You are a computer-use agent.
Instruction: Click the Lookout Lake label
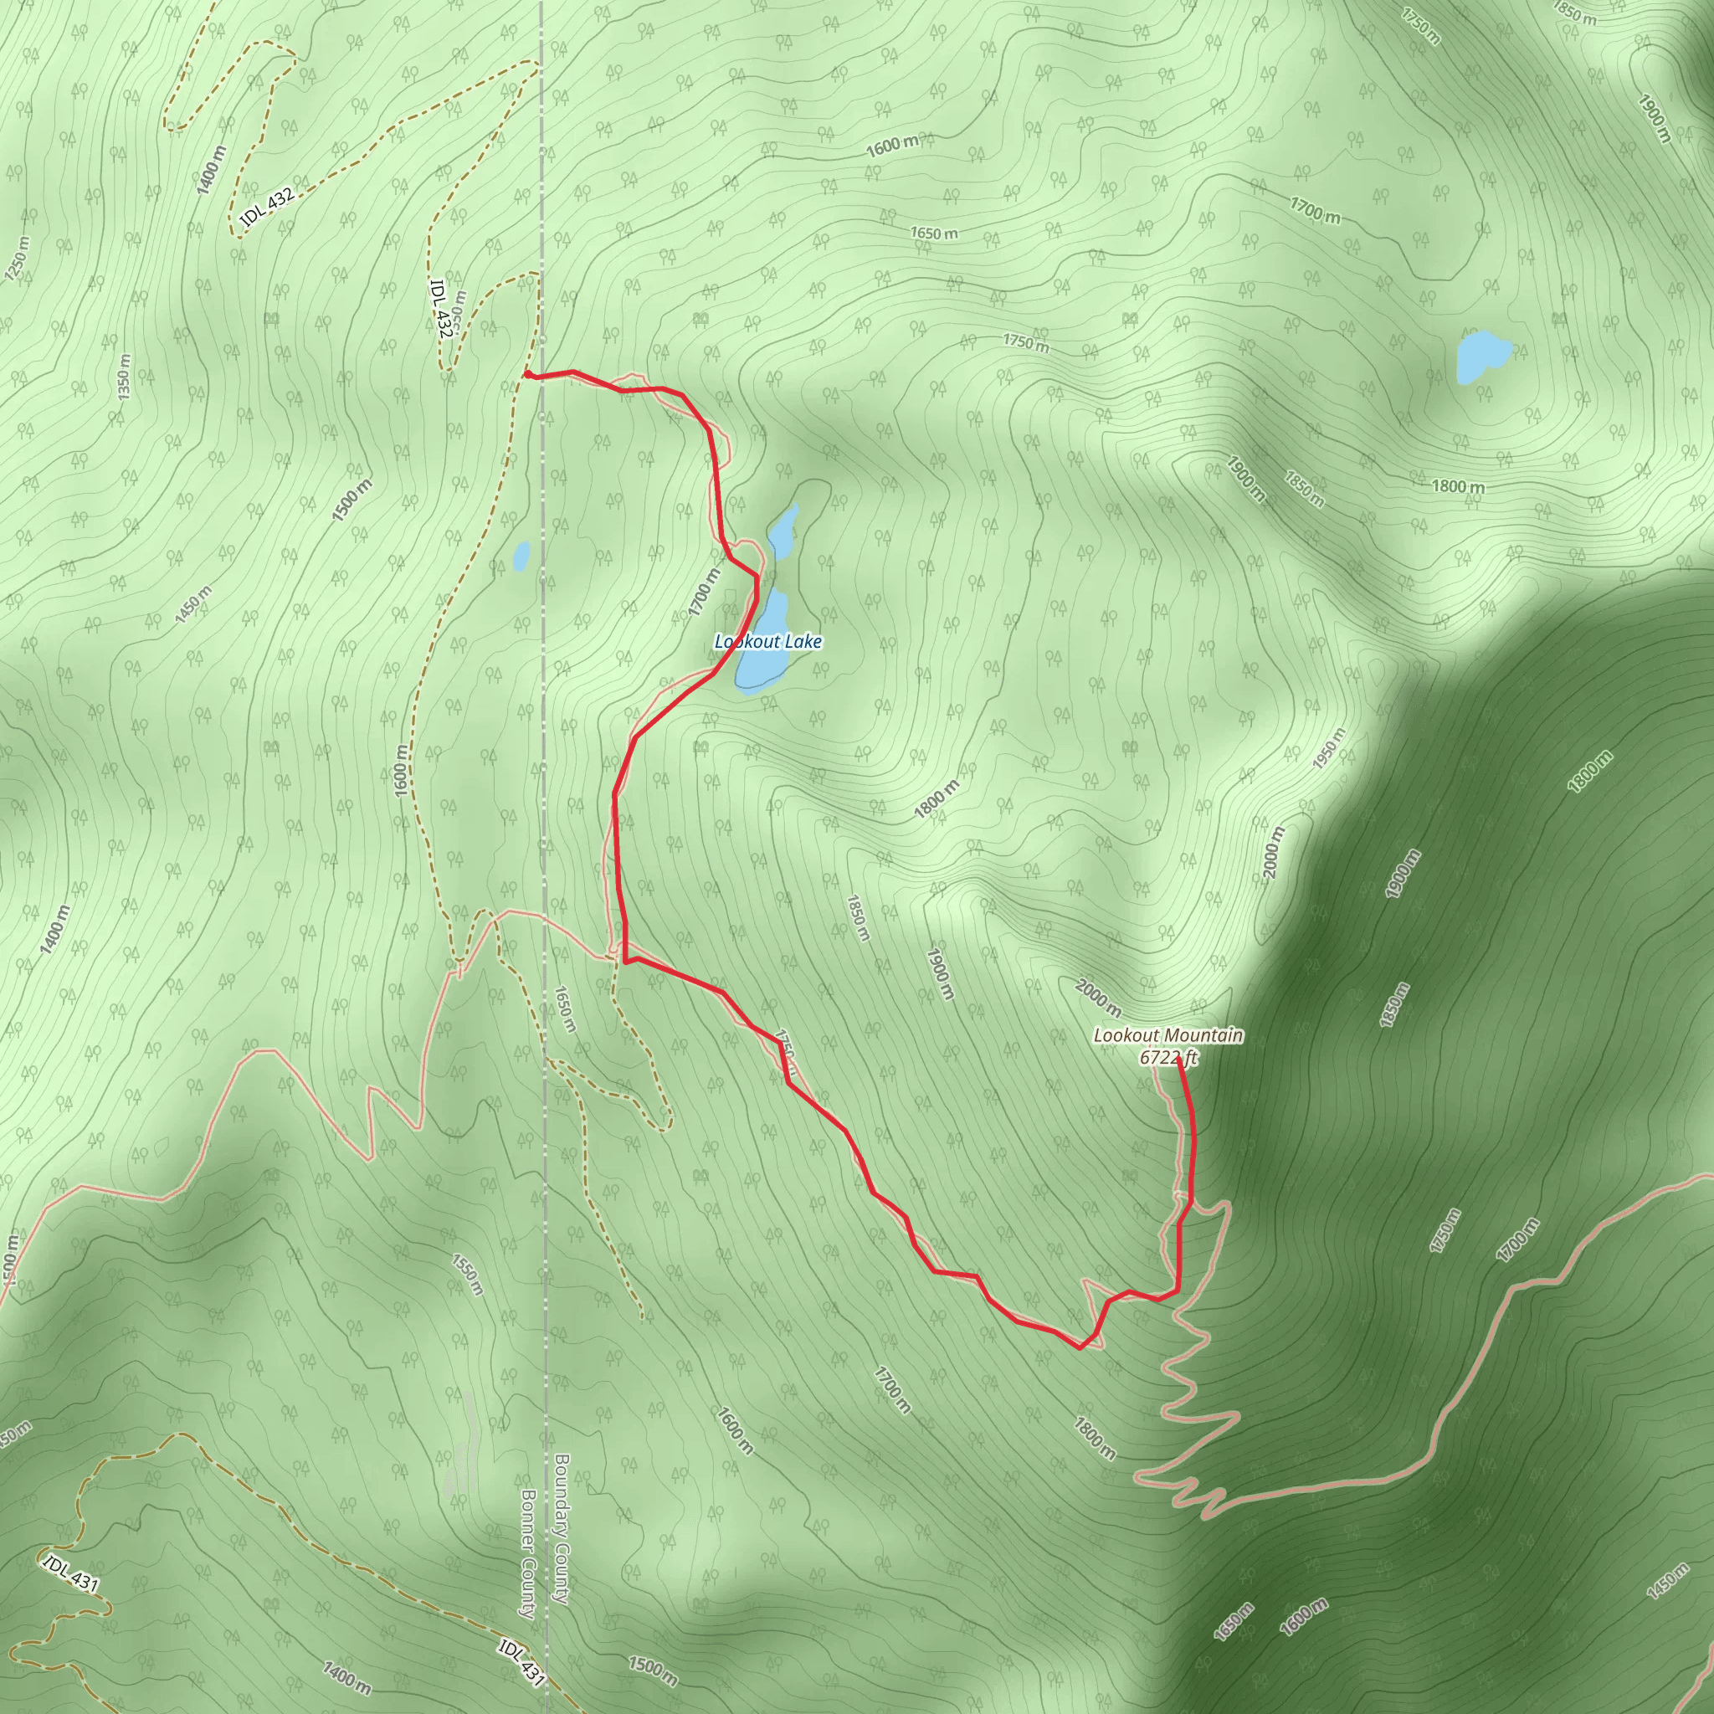(768, 641)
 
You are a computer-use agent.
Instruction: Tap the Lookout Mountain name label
(1167, 1035)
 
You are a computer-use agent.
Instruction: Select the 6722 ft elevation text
(1168, 1058)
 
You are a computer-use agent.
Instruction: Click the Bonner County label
(528, 1552)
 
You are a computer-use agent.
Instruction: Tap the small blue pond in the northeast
(1481, 356)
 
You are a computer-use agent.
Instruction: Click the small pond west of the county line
(521, 557)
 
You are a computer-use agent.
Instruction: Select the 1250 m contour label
(17, 258)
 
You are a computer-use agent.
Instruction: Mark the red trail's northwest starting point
(528, 374)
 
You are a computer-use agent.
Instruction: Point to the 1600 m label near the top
(892, 145)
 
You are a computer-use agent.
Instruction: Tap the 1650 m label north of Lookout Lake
(934, 233)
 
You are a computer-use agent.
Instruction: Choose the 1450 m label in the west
(192, 604)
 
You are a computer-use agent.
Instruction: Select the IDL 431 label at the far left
(70, 1573)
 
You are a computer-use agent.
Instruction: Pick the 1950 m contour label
(1329, 749)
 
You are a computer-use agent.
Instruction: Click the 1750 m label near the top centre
(1025, 341)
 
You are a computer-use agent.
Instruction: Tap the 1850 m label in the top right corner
(1575, 12)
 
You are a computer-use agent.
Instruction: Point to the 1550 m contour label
(467, 1274)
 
